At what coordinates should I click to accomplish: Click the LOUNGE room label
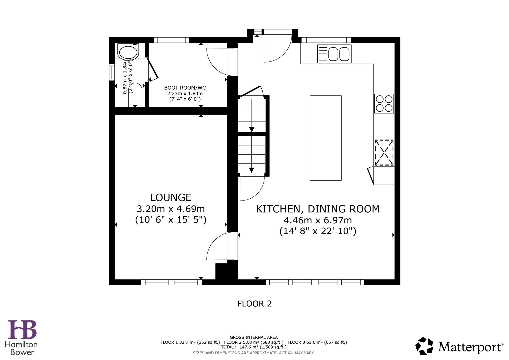point(171,198)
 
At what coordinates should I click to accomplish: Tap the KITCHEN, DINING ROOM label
point(317,209)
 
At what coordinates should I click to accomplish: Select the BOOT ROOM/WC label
point(185,88)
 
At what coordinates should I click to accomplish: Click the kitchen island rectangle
point(325,138)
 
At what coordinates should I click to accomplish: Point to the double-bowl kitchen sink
point(334,54)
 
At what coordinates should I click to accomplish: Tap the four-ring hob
point(384,103)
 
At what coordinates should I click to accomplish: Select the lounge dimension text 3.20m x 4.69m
point(171,209)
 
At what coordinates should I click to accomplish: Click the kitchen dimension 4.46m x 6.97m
point(317,220)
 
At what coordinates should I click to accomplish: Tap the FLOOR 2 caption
point(254,304)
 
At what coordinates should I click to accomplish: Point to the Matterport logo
point(459,347)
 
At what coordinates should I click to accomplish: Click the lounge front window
point(171,282)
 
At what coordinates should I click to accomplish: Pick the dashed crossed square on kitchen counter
point(384,152)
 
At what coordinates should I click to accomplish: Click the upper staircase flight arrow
point(252,130)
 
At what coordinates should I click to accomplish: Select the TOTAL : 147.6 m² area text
point(253,347)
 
